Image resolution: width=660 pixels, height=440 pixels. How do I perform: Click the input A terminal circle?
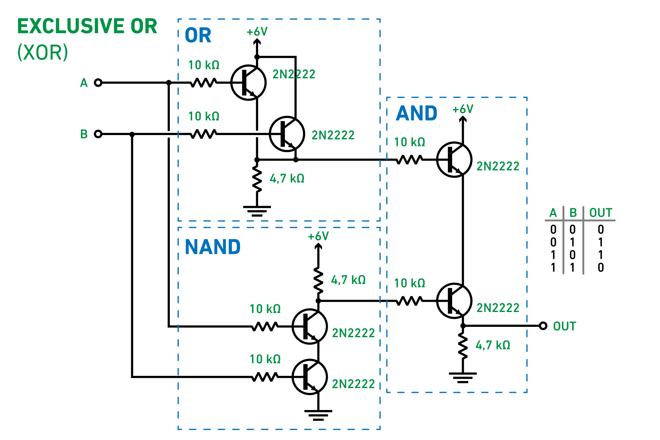98,83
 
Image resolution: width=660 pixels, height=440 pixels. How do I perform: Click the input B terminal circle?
98,134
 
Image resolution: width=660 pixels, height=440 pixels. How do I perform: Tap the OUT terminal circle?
543,326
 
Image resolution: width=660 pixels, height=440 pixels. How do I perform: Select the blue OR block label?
198,35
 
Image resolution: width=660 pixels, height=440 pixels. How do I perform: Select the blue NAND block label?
213,247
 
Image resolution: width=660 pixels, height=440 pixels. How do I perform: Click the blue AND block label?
416,113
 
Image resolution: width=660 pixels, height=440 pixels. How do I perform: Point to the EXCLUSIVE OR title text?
87,26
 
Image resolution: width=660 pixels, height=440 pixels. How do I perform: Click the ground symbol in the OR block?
257,211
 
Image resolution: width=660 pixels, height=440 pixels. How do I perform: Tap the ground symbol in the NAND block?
318,415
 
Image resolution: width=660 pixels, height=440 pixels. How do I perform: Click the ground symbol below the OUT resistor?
463,377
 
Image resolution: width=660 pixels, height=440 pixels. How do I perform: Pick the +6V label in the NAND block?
318,236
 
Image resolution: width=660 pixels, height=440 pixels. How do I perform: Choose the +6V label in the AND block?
463,109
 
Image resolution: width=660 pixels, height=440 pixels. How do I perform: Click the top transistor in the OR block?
248,83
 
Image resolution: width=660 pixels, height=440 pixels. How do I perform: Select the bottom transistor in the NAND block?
310,377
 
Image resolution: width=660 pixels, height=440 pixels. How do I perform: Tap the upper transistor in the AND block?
454,160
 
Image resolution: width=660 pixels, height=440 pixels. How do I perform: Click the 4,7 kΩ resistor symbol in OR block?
257,179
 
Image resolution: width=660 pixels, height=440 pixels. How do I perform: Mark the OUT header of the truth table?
600,213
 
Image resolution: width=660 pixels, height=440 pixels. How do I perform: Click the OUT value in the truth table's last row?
600,268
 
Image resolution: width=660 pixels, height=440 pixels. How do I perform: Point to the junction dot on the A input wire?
169,83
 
